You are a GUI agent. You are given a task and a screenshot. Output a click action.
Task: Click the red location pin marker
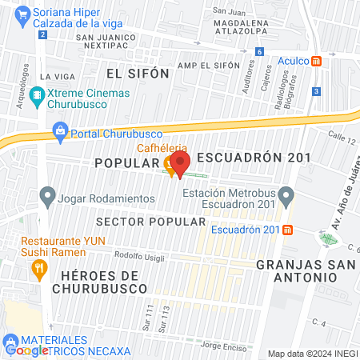tap(179, 164)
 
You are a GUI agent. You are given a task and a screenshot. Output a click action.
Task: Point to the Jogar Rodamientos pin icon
tap(47, 195)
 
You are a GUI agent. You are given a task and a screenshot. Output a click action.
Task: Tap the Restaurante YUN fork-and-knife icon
tap(37, 270)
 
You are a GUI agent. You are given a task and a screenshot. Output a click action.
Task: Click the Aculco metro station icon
tap(317, 61)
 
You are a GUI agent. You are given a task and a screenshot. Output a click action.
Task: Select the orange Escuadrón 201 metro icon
tap(287, 230)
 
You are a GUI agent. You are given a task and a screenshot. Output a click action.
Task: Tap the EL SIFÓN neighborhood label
tap(137, 73)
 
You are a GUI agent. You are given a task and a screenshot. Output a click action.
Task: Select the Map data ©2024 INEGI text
tap(312, 354)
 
